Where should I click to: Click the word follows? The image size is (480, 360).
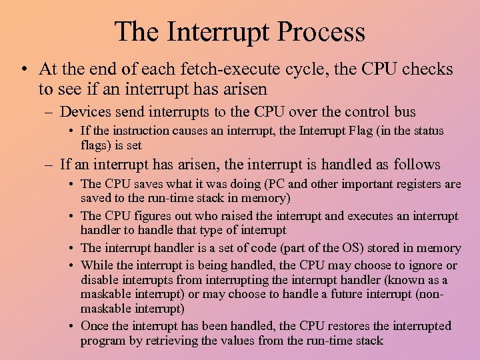pos(414,164)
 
